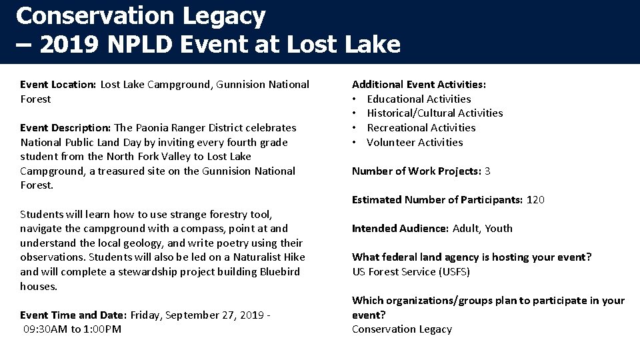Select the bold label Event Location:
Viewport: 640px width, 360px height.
click(x=59, y=85)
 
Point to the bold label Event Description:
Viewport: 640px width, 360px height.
click(x=65, y=128)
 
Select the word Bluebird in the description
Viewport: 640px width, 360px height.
click(x=276, y=272)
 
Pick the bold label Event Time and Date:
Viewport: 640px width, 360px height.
click(x=73, y=315)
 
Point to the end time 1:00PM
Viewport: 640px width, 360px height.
click(x=103, y=329)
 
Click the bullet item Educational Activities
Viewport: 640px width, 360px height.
click(x=419, y=99)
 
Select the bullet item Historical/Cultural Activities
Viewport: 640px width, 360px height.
click(x=435, y=113)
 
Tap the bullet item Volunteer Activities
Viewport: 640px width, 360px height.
click(x=415, y=143)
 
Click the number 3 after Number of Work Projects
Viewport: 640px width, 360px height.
click(x=487, y=171)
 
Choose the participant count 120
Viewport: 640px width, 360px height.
click(x=535, y=200)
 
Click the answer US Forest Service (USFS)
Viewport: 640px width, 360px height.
click(x=411, y=271)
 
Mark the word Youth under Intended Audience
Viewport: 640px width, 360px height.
click(x=499, y=229)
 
